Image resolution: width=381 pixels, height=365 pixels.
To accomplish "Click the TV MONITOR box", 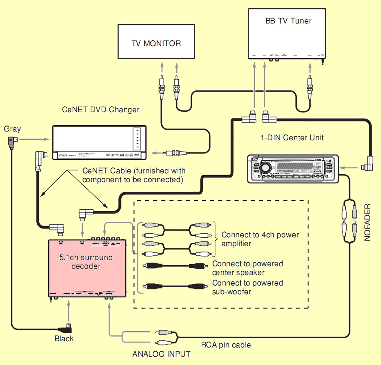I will (x=156, y=42).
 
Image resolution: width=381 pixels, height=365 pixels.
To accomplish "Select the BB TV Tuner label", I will (x=288, y=21).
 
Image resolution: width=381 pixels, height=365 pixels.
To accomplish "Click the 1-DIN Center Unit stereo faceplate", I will (x=293, y=168).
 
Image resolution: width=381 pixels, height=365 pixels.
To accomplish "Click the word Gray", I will (x=12, y=129).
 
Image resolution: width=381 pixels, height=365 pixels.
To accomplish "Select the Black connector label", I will (x=64, y=339).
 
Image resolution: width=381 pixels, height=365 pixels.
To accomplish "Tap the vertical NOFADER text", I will (x=367, y=222).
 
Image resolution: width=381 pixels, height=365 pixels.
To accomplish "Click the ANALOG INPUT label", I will (x=161, y=354).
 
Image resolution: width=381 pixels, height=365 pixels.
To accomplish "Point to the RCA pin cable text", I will (x=226, y=345).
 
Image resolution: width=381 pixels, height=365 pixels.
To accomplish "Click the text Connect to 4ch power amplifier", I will (x=260, y=239).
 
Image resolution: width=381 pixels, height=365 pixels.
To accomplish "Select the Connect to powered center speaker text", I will (x=247, y=268).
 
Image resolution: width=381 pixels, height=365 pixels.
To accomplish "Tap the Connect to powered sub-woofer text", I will (x=247, y=287).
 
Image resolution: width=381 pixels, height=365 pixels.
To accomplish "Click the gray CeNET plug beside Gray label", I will (x=12, y=142).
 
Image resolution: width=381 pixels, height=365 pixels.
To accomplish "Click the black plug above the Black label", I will (x=66, y=329).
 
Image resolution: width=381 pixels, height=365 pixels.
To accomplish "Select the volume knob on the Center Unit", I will (x=264, y=167).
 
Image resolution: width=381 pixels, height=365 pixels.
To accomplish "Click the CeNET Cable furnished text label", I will (x=133, y=175).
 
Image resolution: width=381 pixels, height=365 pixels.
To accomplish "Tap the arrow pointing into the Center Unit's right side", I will (x=348, y=167).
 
